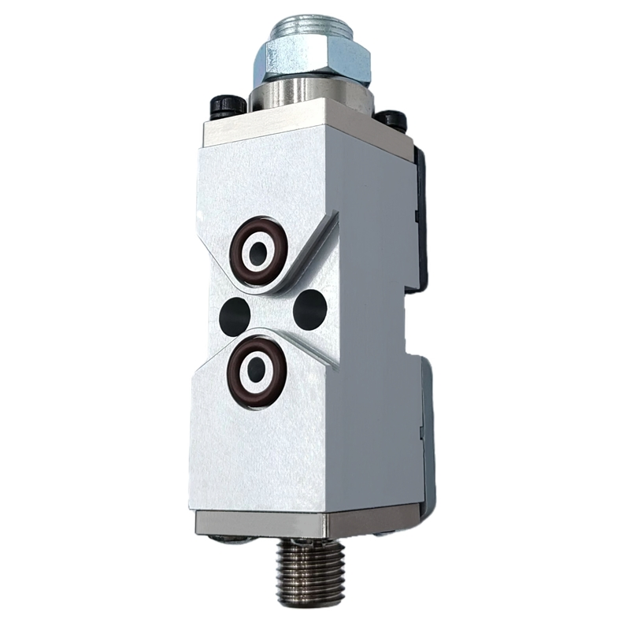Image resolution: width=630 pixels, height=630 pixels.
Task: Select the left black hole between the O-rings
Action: click(x=233, y=314)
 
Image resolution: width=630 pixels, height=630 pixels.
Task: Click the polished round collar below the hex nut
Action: click(x=311, y=94)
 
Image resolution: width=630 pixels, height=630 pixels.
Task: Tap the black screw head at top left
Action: click(x=222, y=106)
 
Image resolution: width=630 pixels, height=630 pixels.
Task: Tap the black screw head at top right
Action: click(x=391, y=119)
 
